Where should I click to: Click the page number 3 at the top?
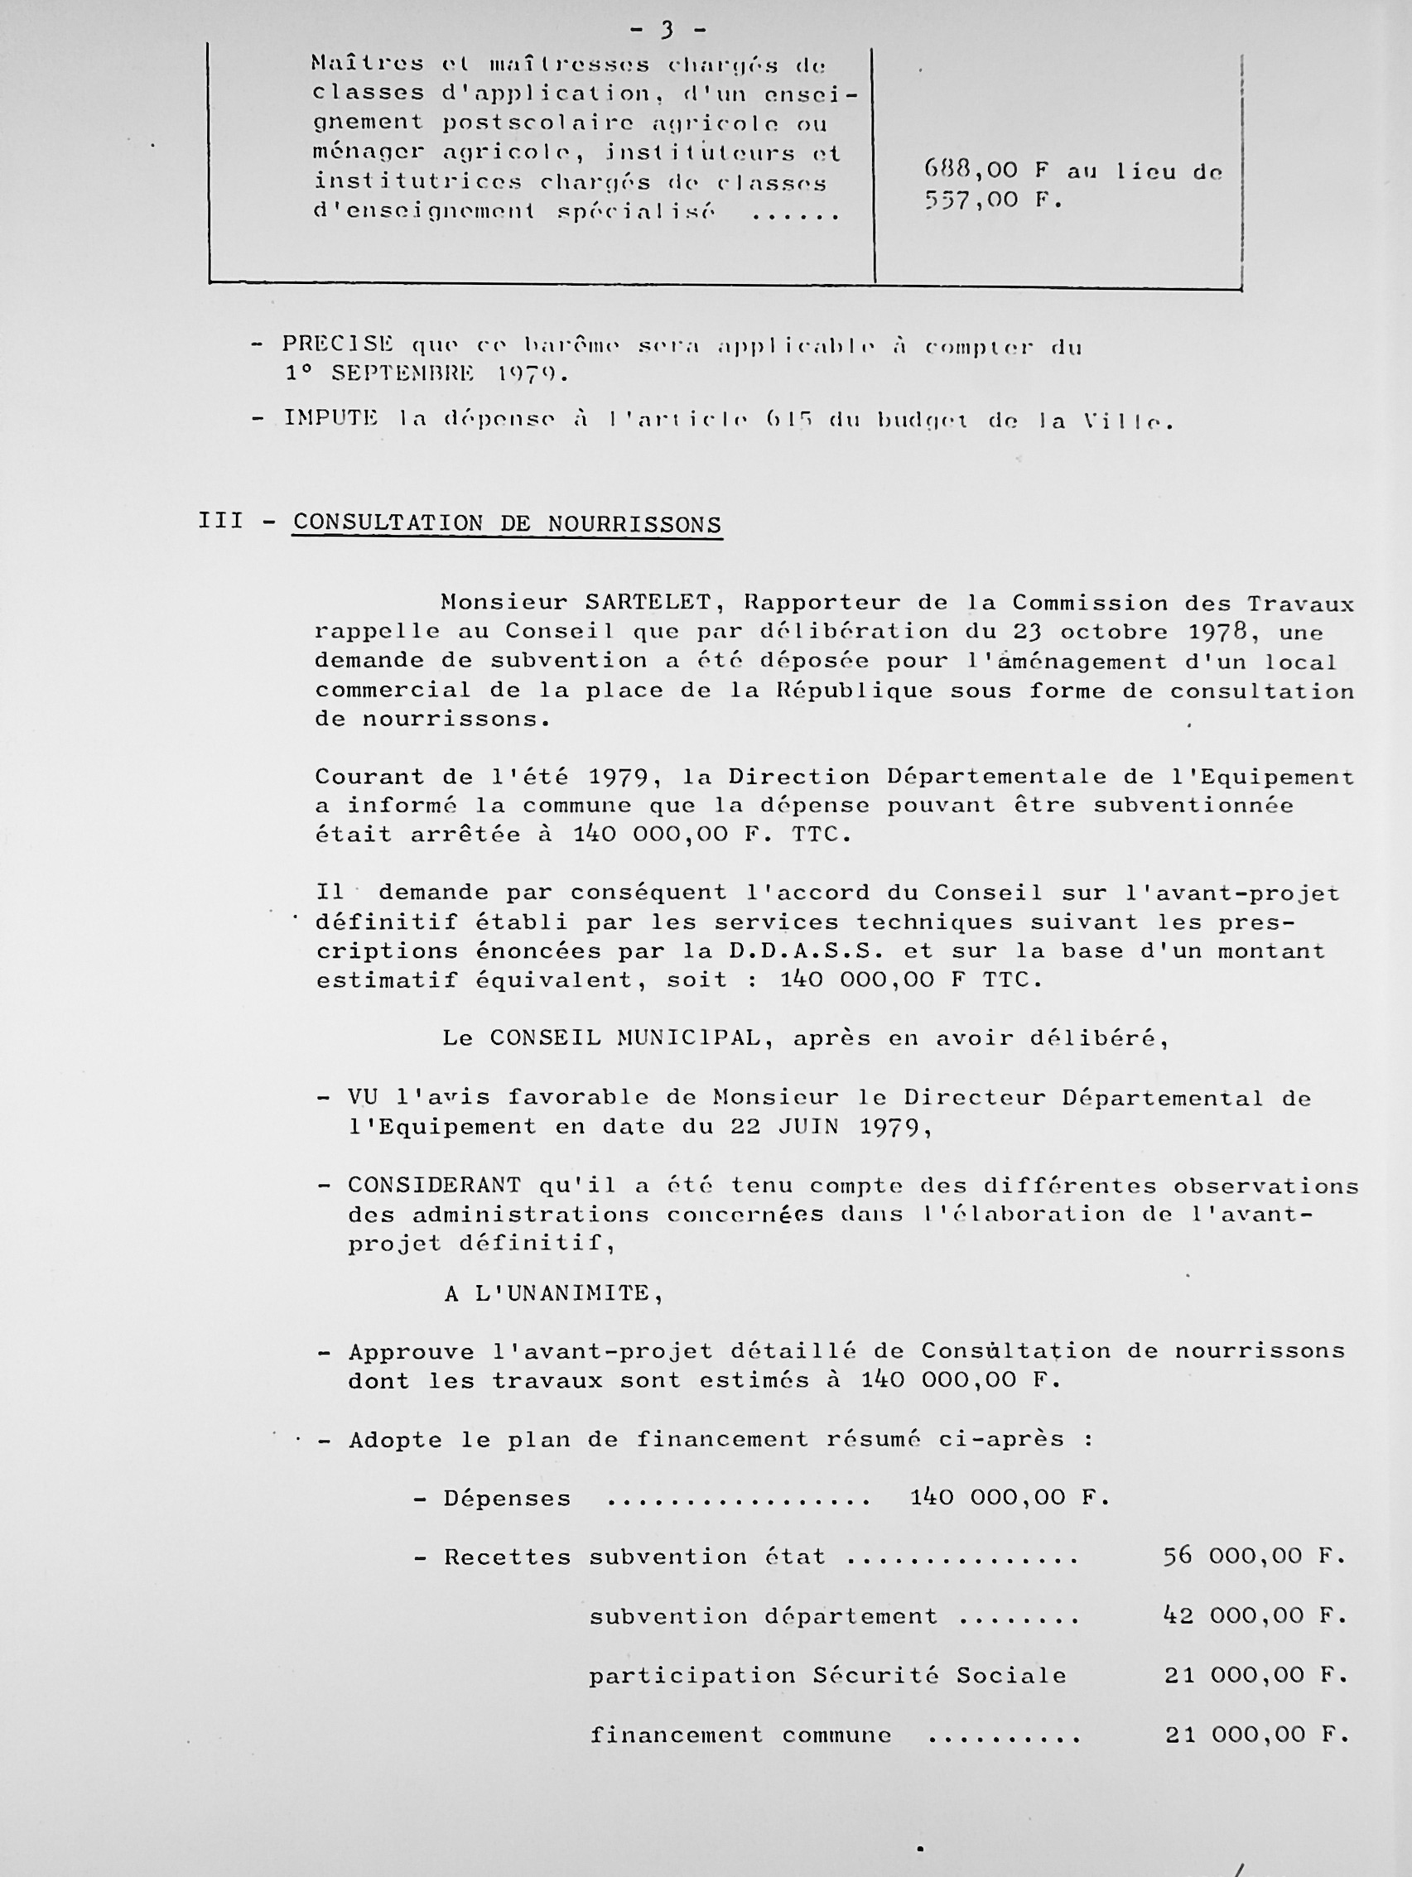pyautogui.click(x=667, y=31)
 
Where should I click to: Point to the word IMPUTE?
pyautogui.click(x=331, y=418)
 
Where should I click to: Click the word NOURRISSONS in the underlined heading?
pyautogui.click(x=634, y=524)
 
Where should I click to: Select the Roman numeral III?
pyautogui.click(x=220, y=520)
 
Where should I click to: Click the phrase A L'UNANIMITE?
pyautogui.click(x=552, y=1293)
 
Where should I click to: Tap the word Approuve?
pyautogui.click(x=411, y=1352)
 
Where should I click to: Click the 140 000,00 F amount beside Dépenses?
pyautogui.click(x=1009, y=1498)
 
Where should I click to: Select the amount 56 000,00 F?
pyautogui.click(x=1254, y=1557)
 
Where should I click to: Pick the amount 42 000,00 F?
pyautogui.click(x=1254, y=1615)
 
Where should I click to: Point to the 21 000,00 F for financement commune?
pyautogui.click(x=1255, y=1735)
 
